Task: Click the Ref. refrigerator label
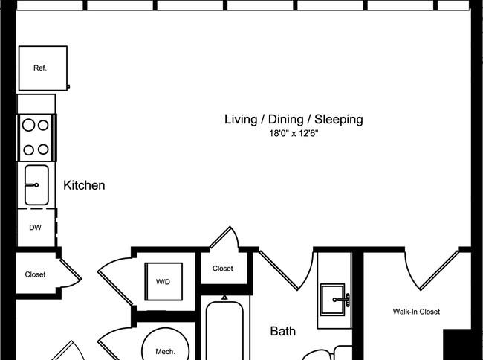pos(40,68)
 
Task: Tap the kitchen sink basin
pos(36,185)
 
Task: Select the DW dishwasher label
pos(35,228)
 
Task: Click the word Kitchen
pos(84,185)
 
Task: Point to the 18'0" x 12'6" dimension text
pos(294,133)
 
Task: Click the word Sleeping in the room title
pos(339,120)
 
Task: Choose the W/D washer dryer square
pos(163,281)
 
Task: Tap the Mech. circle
pos(166,344)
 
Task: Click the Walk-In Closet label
pos(416,312)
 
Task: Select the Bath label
pos(283,331)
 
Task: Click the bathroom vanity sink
pos(333,300)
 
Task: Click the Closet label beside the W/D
pos(223,269)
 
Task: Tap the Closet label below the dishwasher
pos(35,274)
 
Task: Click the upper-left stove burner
pos(29,125)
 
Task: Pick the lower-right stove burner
pos(43,150)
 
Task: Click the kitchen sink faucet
pos(32,185)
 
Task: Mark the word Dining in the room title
pos(286,120)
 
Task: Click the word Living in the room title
pos(241,120)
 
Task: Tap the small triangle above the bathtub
pos(224,298)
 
